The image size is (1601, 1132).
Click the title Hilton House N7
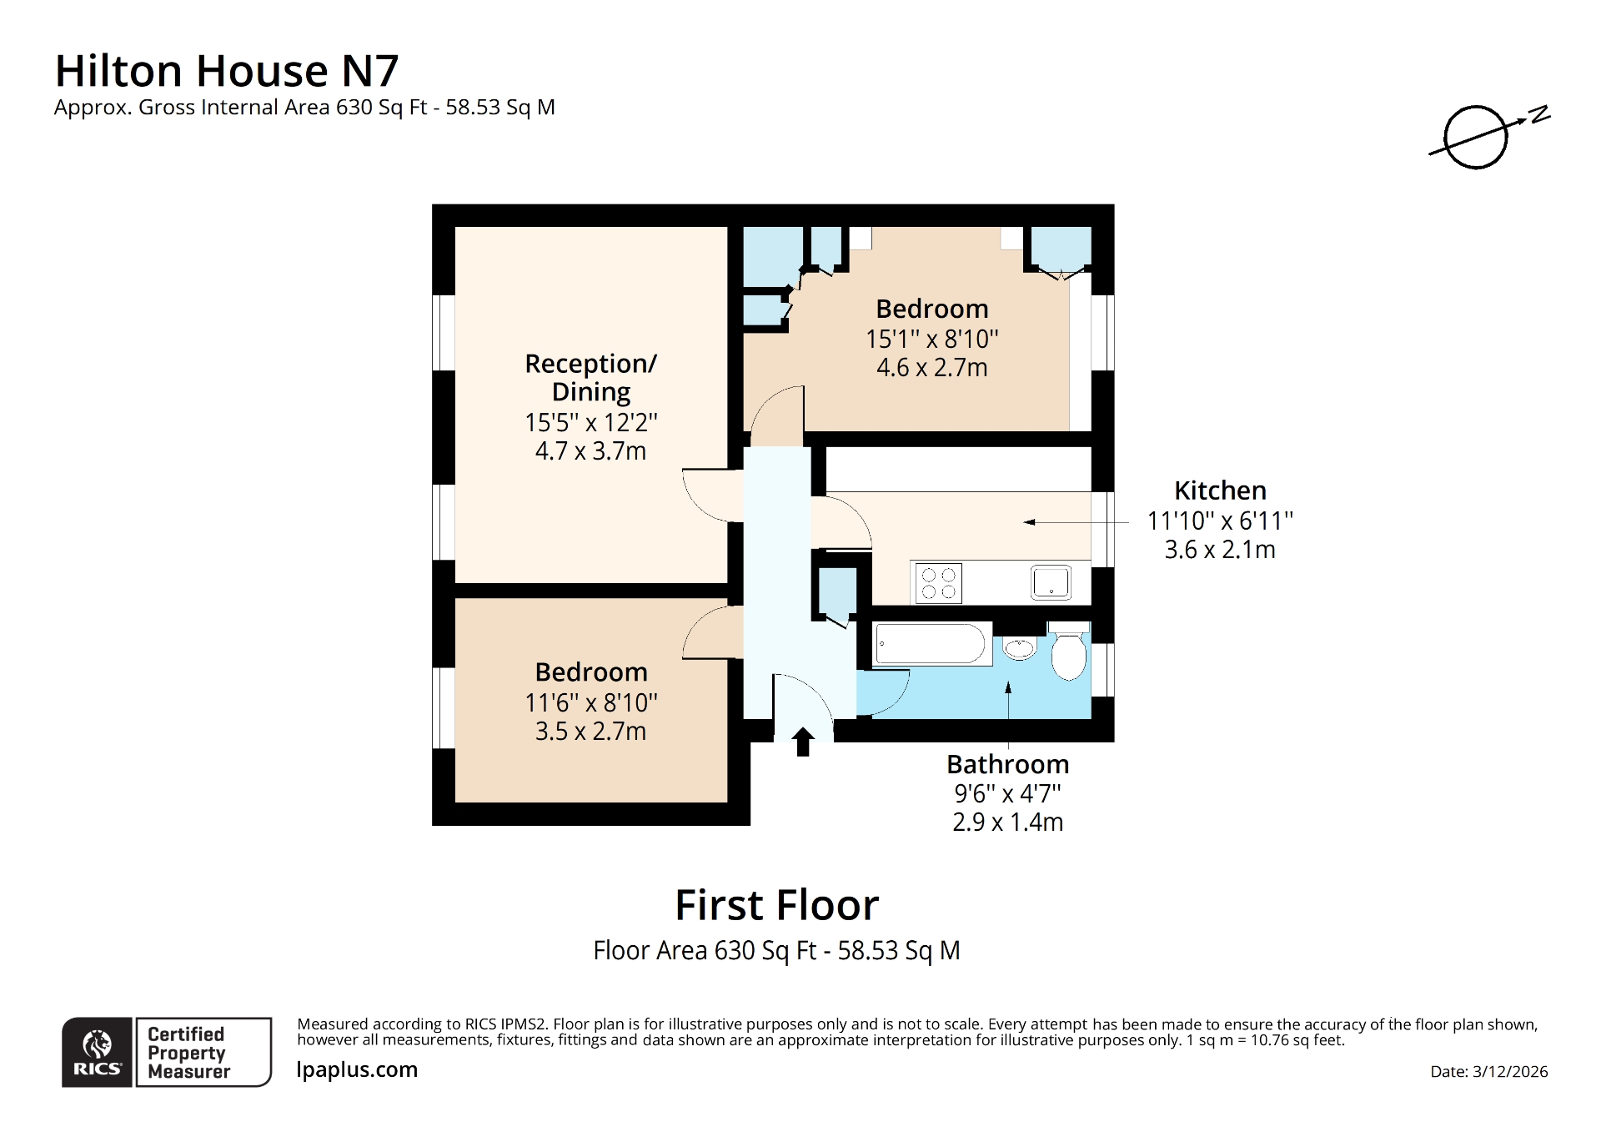pyautogui.click(x=226, y=71)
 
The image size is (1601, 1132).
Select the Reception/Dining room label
pyautogui.click(x=590, y=377)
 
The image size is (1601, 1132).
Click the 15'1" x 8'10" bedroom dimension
pyautogui.click(x=931, y=340)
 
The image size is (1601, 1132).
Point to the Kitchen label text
pyautogui.click(x=1219, y=491)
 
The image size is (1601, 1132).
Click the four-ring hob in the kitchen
pyautogui.click(x=938, y=583)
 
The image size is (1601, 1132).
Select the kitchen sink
pyautogui.click(x=1050, y=582)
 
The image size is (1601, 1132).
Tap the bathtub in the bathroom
pyautogui.click(x=931, y=645)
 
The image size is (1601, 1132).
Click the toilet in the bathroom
pyautogui.click(x=1068, y=654)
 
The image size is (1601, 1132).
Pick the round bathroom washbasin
pyautogui.click(x=1019, y=648)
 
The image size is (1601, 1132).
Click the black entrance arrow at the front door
pyautogui.click(x=802, y=741)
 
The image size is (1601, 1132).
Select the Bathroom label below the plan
pyautogui.click(x=1007, y=764)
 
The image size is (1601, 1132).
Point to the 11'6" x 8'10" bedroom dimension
pyautogui.click(x=590, y=703)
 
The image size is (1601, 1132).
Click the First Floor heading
pyautogui.click(x=776, y=905)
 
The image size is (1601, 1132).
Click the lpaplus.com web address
pyautogui.click(x=357, y=1069)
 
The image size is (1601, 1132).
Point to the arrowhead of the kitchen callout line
pyautogui.click(x=1029, y=522)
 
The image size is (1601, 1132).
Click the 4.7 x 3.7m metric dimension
pyautogui.click(x=590, y=451)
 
